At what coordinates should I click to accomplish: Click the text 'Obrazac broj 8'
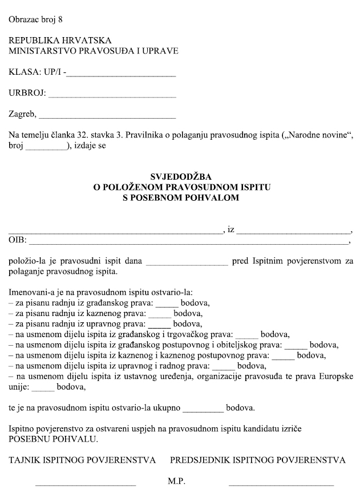[35, 19]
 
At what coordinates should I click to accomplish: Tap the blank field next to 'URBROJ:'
[112, 94]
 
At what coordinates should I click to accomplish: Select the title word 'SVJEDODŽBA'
[180, 177]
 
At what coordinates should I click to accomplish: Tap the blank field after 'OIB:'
[188, 241]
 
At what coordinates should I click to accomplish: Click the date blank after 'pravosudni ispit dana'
[187, 262]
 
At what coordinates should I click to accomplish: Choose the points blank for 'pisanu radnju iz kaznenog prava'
[160, 313]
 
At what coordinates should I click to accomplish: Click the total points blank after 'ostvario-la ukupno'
[204, 408]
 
